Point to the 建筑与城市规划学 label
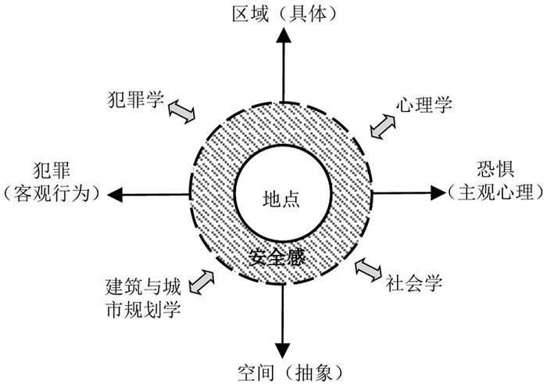coord(143,298)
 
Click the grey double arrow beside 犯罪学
coord(183,111)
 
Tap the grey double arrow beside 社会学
coord(368,269)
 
